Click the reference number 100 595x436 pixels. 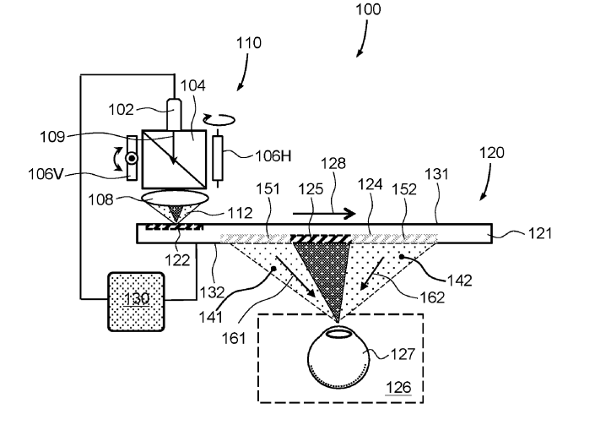point(368,9)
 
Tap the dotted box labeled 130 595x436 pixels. point(136,302)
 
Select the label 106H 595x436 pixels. point(273,155)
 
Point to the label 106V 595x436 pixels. point(46,174)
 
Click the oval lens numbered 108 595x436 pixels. point(175,199)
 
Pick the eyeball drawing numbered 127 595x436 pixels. point(338,357)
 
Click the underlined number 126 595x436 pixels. point(398,387)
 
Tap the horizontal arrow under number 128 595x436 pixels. point(324,214)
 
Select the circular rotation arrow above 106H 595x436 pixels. point(219,120)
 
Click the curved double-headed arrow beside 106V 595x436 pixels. point(118,159)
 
